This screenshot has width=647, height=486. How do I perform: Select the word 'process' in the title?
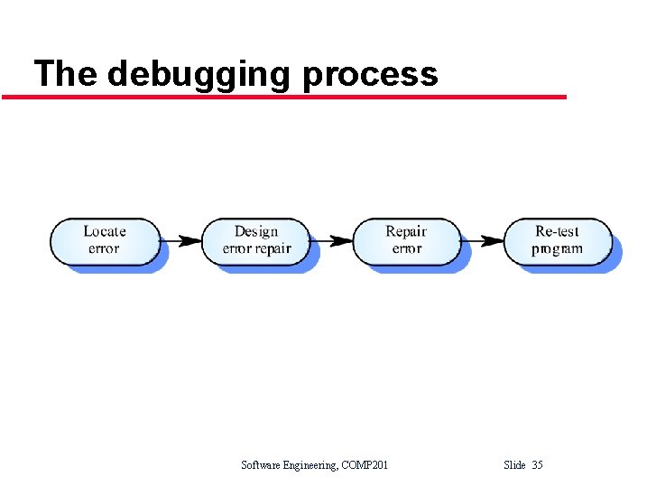[370, 74]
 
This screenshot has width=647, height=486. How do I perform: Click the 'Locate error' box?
[105, 240]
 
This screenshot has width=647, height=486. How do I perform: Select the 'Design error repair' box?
[256, 240]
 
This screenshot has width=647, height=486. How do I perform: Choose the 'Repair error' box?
[407, 240]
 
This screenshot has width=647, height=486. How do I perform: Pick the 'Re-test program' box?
[558, 240]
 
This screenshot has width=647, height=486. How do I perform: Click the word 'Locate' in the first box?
[105, 231]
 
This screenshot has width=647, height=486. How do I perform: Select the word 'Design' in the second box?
[256, 231]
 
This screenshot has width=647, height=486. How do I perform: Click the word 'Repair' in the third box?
[406, 231]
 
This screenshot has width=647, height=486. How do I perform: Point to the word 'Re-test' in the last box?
[558, 231]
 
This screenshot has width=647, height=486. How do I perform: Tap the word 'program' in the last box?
[558, 249]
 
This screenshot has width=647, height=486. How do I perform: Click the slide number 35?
[537, 465]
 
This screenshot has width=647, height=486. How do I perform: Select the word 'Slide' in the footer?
[514, 465]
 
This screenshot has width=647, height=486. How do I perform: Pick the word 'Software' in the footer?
[262, 465]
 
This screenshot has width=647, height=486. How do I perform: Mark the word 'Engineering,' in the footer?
[314, 465]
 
